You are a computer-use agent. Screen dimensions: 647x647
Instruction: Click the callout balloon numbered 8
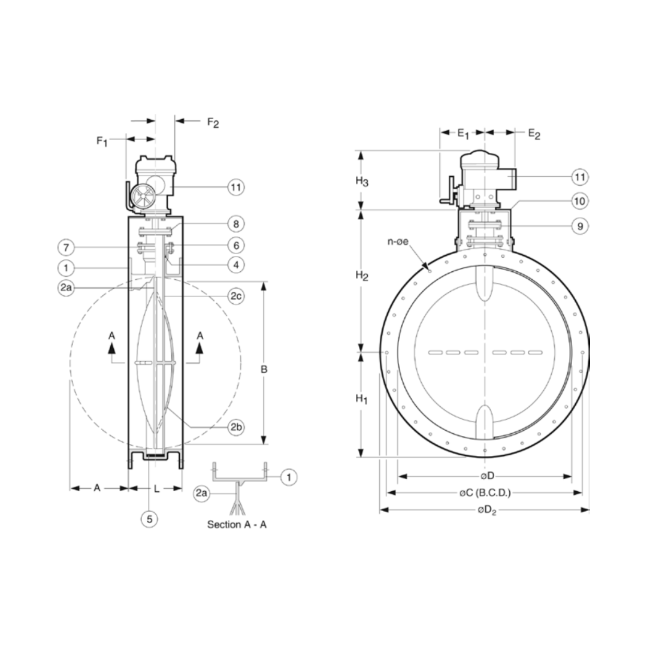coord(236,224)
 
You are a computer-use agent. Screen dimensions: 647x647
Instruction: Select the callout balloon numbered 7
coord(66,247)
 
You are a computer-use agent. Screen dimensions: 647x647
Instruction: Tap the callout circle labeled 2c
coord(236,296)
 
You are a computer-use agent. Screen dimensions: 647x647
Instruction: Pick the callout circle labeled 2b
coord(236,427)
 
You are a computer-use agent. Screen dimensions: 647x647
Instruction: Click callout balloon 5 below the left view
coord(149,518)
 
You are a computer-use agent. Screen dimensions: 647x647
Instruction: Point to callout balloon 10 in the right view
coord(579,201)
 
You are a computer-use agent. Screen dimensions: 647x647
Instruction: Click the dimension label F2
coord(213,122)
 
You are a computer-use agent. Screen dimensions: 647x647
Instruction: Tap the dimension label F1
coord(102,141)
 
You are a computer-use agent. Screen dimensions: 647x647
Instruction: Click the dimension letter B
coord(264,369)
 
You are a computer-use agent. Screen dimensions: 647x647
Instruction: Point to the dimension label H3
coord(361,182)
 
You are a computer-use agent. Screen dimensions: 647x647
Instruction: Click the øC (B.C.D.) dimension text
coord(485,493)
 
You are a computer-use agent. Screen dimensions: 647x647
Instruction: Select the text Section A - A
coord(237,525)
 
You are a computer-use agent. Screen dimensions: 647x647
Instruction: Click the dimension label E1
coord(464,134)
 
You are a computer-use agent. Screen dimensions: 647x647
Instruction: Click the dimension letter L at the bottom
coord(156,488)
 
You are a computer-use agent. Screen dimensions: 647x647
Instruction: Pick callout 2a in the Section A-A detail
coord(202,493)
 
